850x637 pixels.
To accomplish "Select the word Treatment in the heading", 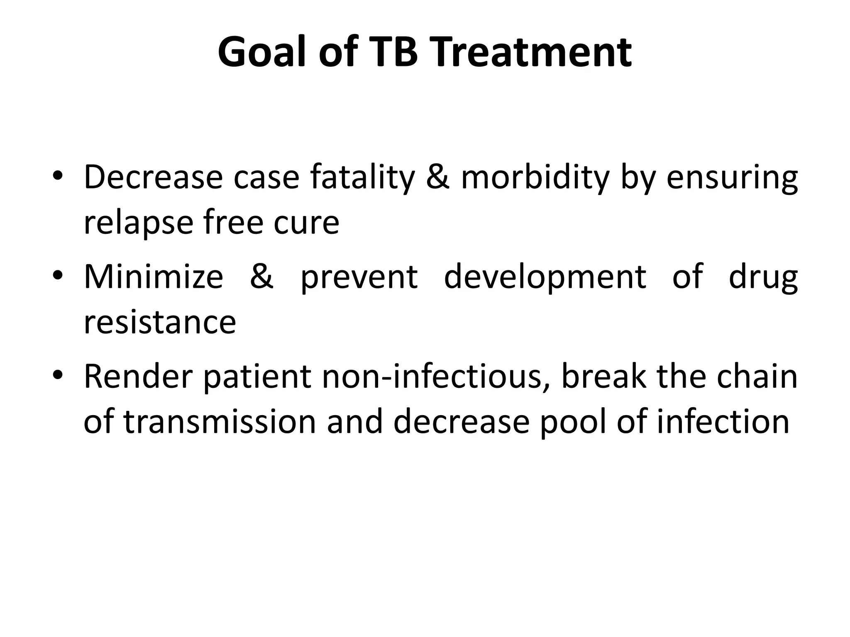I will click(528, 53).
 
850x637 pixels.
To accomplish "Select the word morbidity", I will click(535, 177).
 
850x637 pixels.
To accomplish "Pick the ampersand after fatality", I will click(437, 177).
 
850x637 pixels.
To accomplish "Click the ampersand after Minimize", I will click(262, 277).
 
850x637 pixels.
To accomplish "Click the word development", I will click(545, 277).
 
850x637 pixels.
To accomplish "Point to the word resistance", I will click(160, 322).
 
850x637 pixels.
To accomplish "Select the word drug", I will click(763, 277).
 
